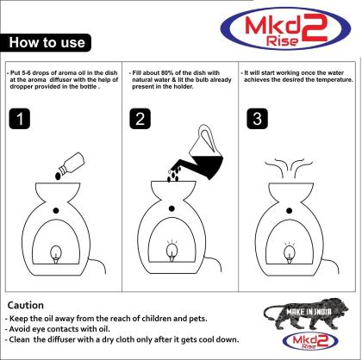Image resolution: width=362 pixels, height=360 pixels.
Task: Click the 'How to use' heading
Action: click(x=47, y=42)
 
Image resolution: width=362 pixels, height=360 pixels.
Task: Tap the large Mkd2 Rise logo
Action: click(x=286, y=28)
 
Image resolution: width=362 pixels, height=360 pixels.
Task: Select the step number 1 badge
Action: click(x=20, y=118)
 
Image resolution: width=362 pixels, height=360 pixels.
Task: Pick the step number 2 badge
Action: click(x=140, y=118)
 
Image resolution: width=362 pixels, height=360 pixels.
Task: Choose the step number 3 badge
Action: click(x=258, y=118)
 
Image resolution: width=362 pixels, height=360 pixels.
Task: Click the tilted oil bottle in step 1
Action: click(x=72, y=163)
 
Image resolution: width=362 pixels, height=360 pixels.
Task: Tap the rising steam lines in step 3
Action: click(x=289, y=167)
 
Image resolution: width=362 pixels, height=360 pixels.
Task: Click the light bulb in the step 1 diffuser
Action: click(x=56, y=254)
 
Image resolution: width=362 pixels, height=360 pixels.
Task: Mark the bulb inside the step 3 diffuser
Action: click(x=289, y=253)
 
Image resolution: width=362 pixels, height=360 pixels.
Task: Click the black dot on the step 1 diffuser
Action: click(x=56, y=211)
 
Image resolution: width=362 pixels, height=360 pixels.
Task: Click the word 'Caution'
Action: click(x=26, y=305)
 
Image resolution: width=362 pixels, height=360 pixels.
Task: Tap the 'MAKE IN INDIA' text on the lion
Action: click(x=309, y=312)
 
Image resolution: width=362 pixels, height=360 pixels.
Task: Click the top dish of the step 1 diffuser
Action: click(x=58, y=192)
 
